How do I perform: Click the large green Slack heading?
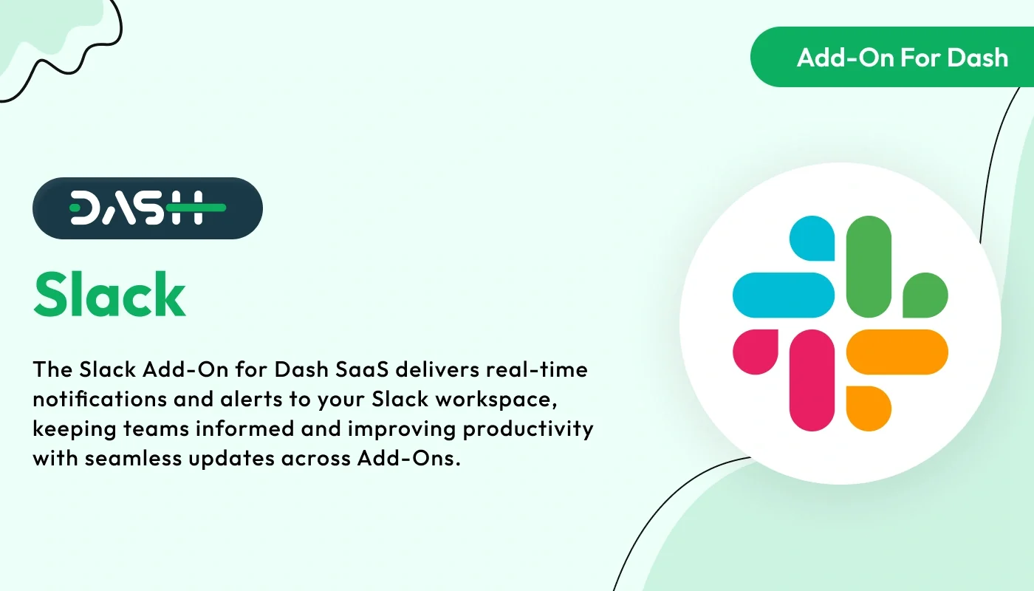click(109, 294)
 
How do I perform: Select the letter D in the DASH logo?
click(86, 208)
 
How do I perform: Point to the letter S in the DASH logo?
click(150, 208)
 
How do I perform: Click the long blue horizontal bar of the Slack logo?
click(783, 295)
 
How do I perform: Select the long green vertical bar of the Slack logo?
click(869, 267)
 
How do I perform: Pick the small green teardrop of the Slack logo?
click(925, 295)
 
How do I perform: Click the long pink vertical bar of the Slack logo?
click(812, 380)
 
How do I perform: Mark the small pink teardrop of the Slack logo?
click(755, 352)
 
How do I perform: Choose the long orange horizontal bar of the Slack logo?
click(897, 352)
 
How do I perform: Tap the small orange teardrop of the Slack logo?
click(869, 408)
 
